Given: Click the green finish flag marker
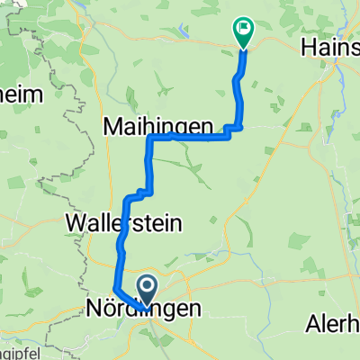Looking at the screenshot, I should pyautogui.click(x=244, y=31).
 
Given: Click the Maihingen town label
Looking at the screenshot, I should pyautogui.click(x=159, y=125).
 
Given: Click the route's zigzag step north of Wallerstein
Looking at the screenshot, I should pyautogui.click(x=139, y=192).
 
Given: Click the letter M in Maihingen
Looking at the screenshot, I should pyautogui.click(x=113, y=125).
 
